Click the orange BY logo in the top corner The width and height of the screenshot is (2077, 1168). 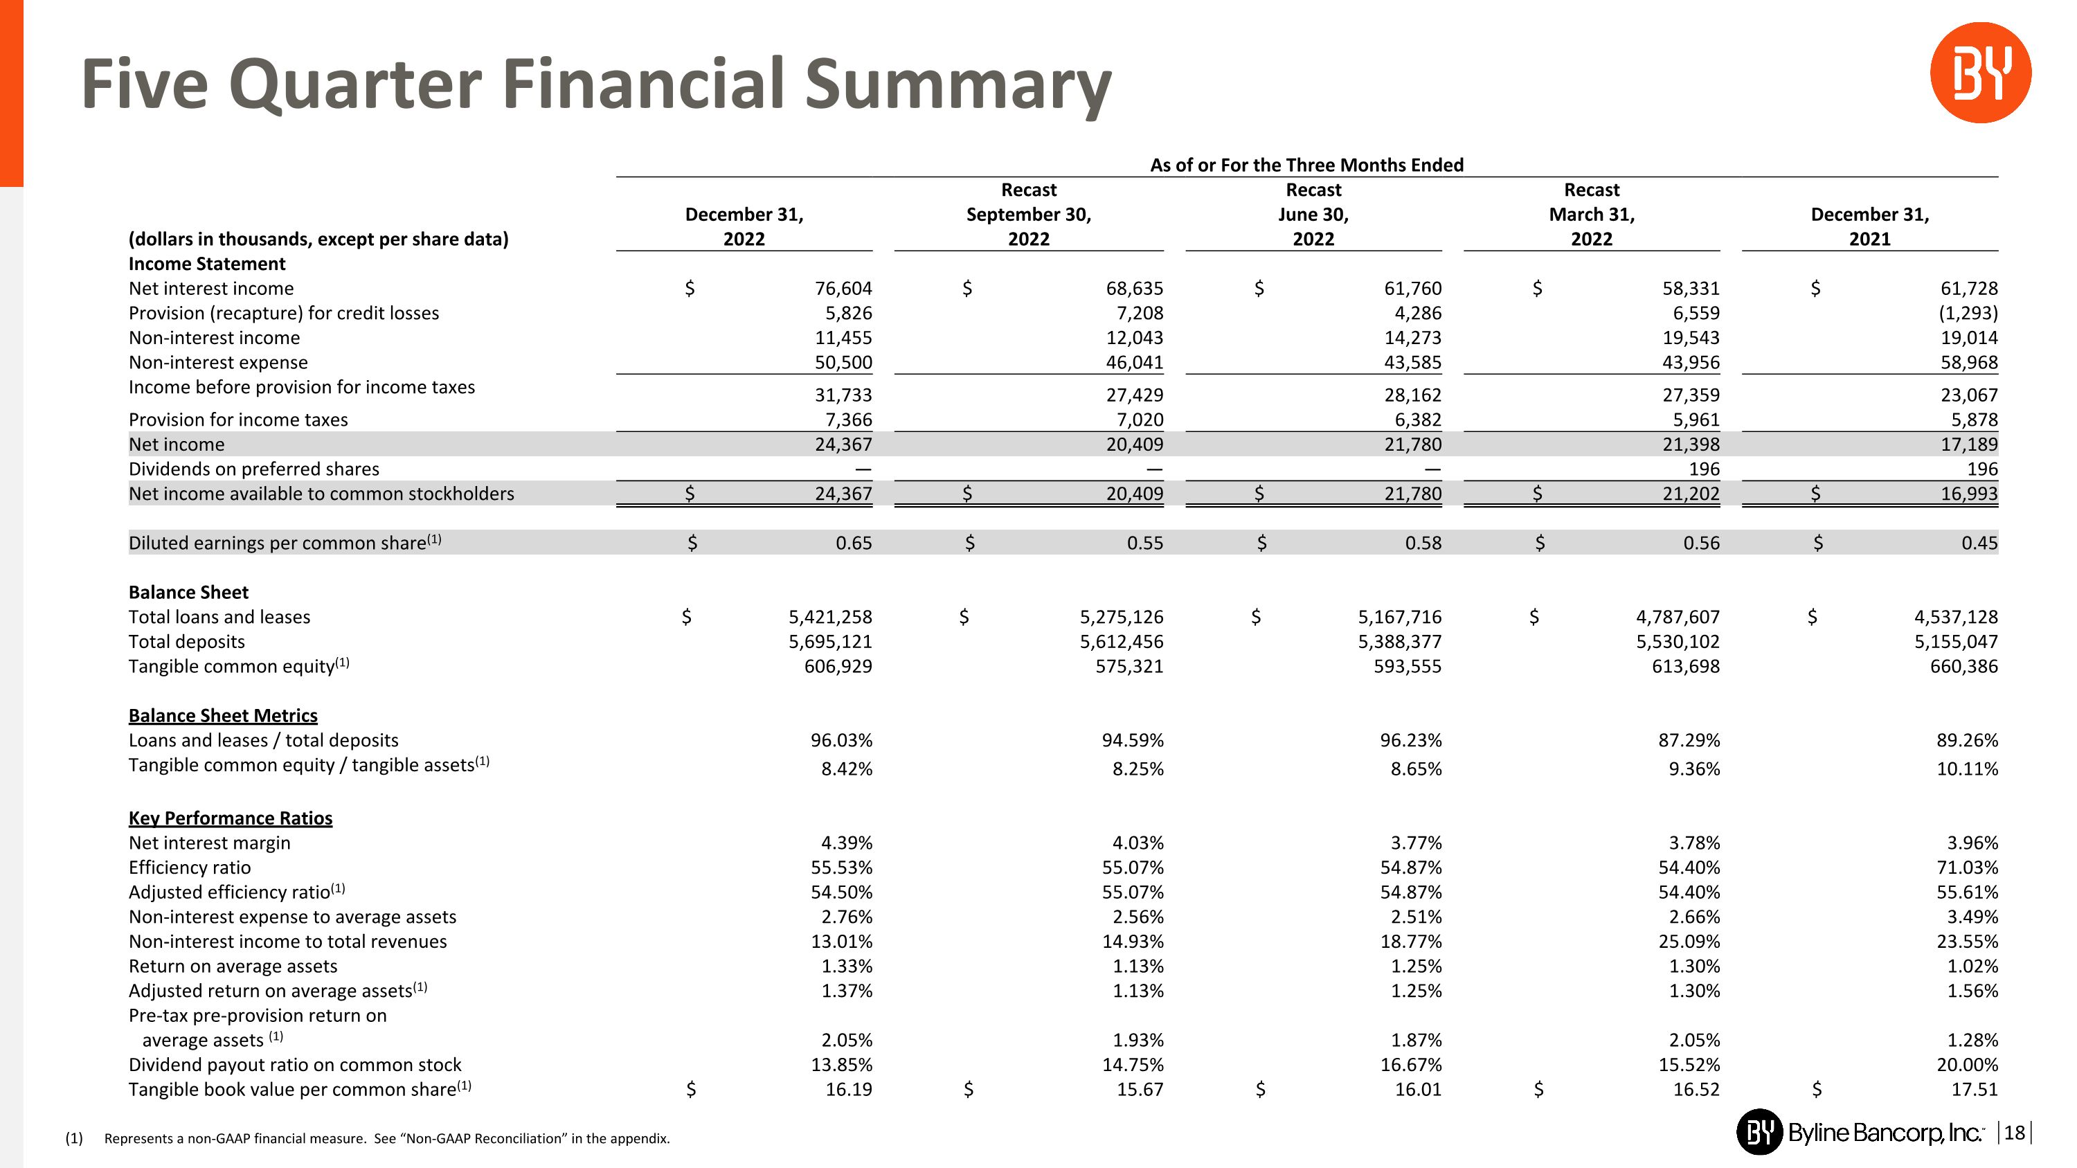coord(1979,73)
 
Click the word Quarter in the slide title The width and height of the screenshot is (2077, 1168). coord(354,84)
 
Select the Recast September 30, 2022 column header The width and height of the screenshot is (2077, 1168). coord(1028,215)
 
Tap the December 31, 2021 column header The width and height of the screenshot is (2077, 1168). coord(1869,226)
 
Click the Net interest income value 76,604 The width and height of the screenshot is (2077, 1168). coord(843,289)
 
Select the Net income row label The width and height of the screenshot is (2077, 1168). coord(177,444)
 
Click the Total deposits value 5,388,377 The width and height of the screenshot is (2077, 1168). coord(1399,642)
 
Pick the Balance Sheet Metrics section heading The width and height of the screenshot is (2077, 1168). coord(222,716)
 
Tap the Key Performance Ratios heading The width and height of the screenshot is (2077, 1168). coord(230,818)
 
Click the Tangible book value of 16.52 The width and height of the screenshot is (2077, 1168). coord(1696,1090)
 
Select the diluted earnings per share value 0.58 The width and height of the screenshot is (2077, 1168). coord(1423,543)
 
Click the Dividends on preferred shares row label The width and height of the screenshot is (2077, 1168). coord(253,469)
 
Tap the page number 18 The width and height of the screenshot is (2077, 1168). coord(2013,1133)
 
